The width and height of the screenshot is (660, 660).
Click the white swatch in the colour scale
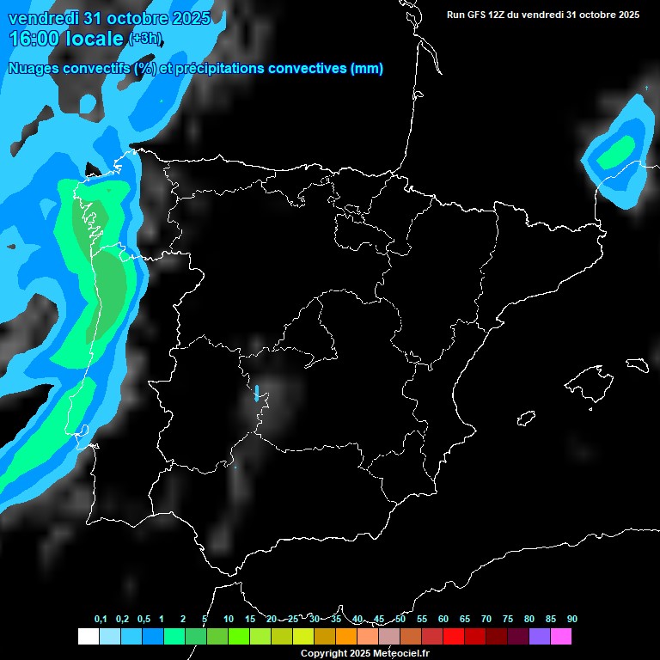[x=88, y=636]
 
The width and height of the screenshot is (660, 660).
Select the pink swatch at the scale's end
[x=561, y=636]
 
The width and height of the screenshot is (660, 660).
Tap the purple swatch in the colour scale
[x=540, y=636]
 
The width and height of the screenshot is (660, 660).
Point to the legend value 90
[x=571, y=620]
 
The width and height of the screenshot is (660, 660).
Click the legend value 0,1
[x=101, y=620]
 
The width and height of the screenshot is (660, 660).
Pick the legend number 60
[x=443, y=620]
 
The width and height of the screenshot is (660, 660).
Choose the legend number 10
[x=229, y=620]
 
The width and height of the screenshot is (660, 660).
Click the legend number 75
[x=507, y=620]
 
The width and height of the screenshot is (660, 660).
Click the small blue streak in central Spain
[x=256, y=394]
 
